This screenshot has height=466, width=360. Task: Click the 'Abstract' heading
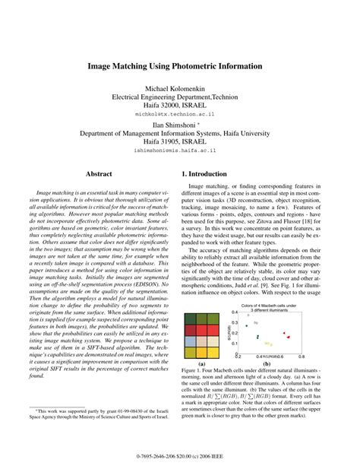99,174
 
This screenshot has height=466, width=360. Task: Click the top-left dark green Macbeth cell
191,319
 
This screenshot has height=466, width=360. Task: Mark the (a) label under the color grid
201,363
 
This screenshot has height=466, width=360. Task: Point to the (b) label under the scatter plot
267,363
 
